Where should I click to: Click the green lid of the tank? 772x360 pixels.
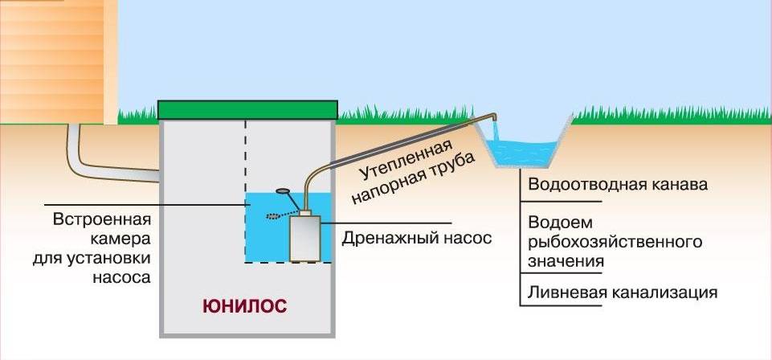pos(247,110)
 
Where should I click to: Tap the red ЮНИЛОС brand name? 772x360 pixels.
pos(244,306)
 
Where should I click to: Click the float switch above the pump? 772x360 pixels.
pos(283,190)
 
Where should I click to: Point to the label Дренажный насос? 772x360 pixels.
pos(417,239)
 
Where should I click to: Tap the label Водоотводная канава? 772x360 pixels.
pos(618,185)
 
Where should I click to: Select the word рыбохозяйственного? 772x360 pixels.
pos(615,243)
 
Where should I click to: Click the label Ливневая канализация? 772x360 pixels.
pos(623,292)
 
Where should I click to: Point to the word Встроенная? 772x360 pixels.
pos(101,219)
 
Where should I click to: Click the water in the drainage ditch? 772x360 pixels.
pos(522,153)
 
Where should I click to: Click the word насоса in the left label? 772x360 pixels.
pos(121,278)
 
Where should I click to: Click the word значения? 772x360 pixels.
pos(566,261)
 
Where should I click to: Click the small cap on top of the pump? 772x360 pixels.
pos(305,213)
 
